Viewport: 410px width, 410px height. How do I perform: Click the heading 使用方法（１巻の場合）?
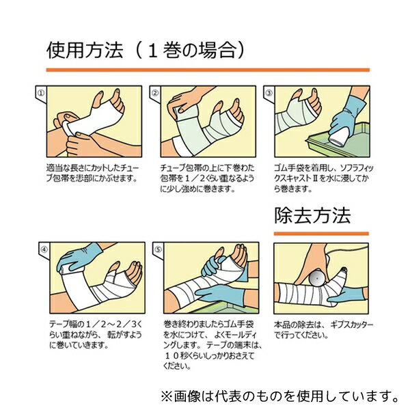(146, 50)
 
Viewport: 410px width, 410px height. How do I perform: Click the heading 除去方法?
(312, 216)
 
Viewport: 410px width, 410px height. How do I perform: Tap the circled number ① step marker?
(41, 93)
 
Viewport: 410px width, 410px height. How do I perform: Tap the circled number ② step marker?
(155, 93)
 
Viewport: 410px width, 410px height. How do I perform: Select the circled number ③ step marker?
(269, 93)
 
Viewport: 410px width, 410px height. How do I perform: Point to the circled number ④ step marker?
(44, 249)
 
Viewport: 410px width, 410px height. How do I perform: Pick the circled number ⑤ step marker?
(158, 249)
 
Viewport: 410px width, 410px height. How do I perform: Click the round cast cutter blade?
(316, 279)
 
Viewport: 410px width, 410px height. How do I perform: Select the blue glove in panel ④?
(79, 257)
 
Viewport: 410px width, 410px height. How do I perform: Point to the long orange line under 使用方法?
(208, 70)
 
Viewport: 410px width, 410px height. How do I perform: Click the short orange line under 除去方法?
(321, 234)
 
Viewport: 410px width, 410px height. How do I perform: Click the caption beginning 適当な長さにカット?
(92, 173)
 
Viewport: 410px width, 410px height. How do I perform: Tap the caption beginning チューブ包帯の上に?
(207, 178)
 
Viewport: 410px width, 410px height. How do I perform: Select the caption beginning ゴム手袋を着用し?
(324, 178)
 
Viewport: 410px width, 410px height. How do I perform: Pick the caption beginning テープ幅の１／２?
(96, 335)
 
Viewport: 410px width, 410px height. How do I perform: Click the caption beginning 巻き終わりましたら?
(213, 345)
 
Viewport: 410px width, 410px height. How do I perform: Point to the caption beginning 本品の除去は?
(323, 330)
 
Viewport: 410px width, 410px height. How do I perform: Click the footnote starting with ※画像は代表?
(279, 396)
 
